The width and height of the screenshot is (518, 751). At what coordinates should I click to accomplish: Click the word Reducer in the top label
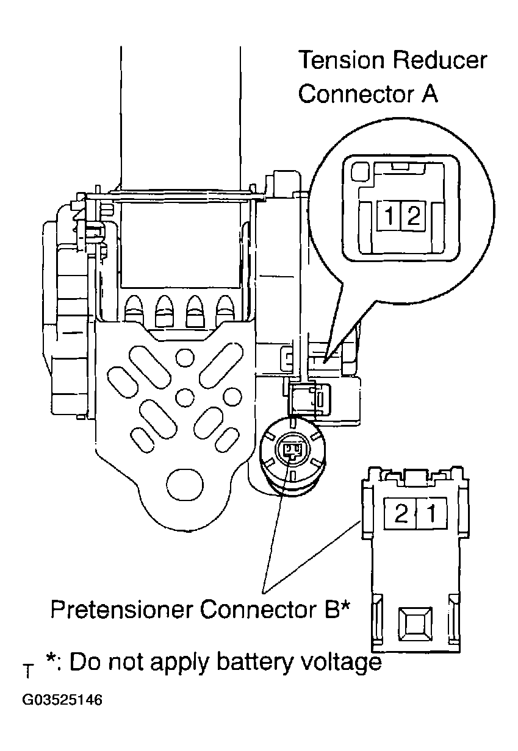[440, 60]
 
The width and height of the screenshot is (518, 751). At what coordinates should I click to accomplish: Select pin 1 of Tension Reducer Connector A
[389, 216]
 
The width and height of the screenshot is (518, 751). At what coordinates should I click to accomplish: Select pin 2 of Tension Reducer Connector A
[412, 216]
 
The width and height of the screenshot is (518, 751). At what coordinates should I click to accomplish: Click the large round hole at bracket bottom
[184, 484]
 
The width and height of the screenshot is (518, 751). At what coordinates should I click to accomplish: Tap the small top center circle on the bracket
[184, 358]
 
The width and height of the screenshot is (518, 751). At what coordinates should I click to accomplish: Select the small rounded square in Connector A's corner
[360, 171]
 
